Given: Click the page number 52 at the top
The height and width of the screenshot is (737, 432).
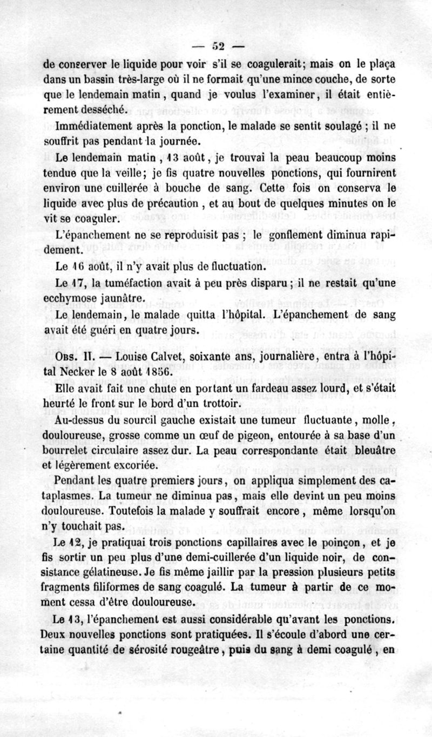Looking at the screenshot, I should [x=219, y=45].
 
